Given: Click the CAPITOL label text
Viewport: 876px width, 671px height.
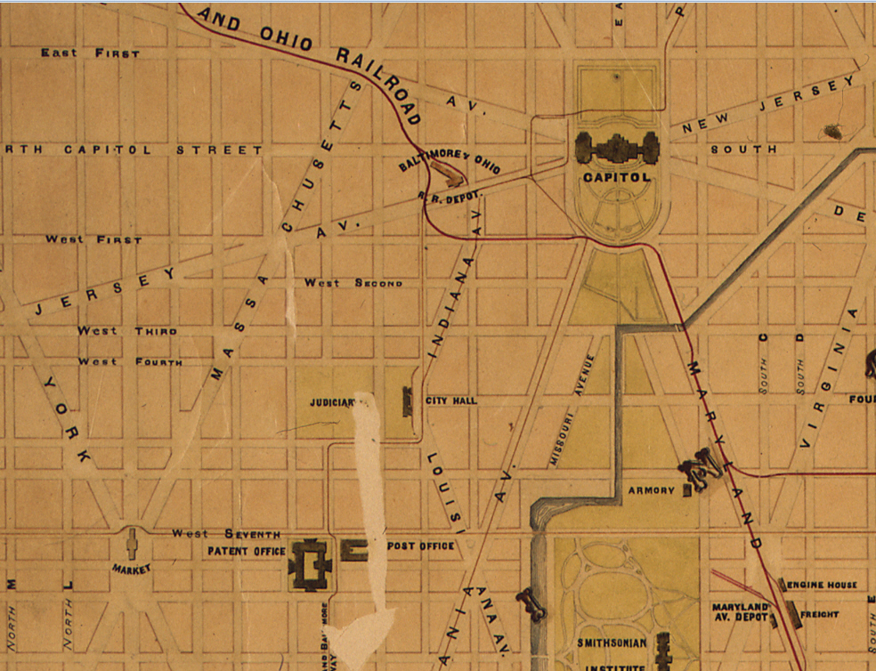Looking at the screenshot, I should tap(616, 177).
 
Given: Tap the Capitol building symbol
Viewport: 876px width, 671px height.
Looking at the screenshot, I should tap(617, 148).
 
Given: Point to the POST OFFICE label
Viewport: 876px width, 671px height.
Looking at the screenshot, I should tap(420, 546).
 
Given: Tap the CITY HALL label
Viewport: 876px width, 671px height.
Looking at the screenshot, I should tap(451, 400).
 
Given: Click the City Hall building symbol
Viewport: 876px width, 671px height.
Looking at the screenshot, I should tap(408, 401).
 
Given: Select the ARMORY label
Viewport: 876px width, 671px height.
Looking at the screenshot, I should tap(652, 490).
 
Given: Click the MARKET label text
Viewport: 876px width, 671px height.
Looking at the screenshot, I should tap(131, 568).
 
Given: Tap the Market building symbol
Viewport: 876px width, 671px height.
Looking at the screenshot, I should tap(131, 542).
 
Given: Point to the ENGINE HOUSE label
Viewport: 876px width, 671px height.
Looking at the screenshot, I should tap(822, 585).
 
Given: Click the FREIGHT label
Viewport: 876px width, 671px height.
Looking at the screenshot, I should tap(820, 614).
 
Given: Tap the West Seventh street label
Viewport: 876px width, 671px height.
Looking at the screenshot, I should tap(226, 534).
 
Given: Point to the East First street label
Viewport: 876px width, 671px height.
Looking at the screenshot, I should tap(90, 53).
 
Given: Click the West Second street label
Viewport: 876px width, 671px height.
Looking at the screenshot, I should tap(353, 283).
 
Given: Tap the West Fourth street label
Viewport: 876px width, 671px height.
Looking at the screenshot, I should tap(130, 362).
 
